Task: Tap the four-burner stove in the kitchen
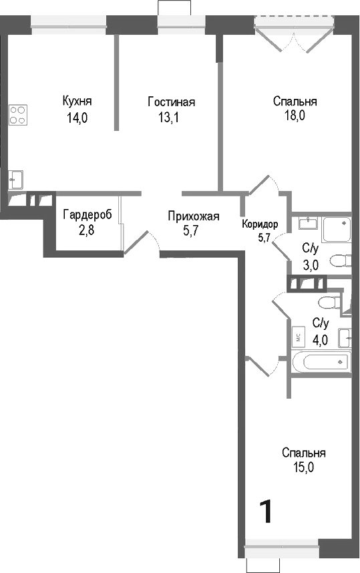[19, 115]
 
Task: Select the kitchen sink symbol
[15, 179]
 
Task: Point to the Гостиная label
[171, 102]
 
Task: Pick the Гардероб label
[87, 215]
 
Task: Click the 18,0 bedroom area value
[295, 117]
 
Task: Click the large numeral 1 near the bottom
[266, 512]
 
